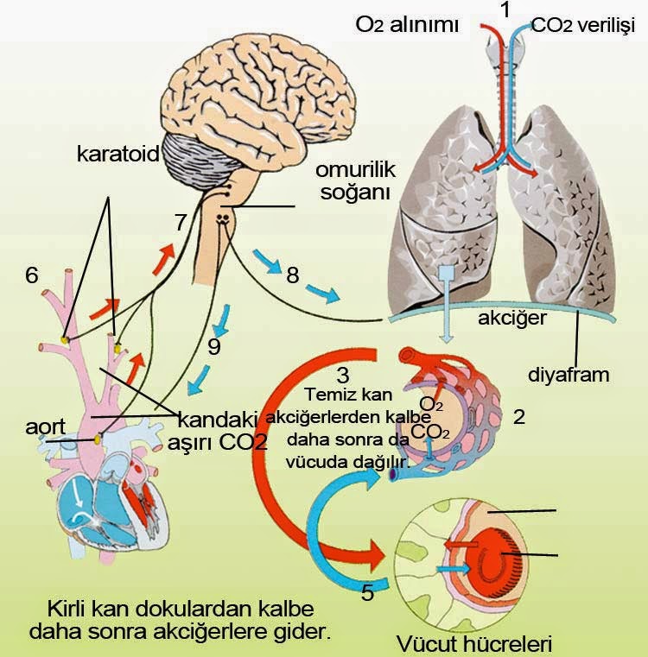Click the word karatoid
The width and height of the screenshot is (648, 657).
click(118, 155)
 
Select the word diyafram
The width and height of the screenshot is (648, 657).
click(569, 376)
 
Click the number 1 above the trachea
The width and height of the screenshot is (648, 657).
click(505, 10)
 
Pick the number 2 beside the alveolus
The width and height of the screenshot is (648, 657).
click(518, 417)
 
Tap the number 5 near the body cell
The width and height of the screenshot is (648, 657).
click(366, 592)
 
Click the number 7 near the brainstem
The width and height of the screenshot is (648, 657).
click(180, 222)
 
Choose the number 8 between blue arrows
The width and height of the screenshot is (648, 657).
click(293, 275)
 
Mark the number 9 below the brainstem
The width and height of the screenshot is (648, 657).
click(214, 346)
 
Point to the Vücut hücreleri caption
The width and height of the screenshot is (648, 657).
click(473, 644)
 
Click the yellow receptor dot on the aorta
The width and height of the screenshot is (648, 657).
click(98, 439)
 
